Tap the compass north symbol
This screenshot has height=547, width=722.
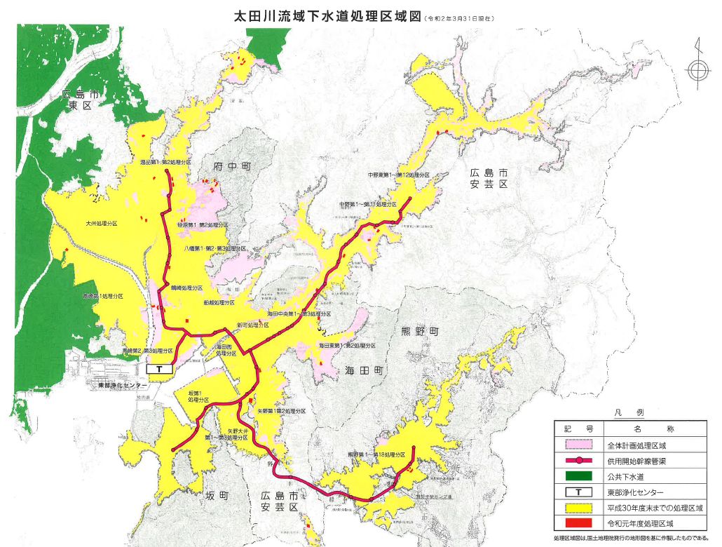coord(696,69)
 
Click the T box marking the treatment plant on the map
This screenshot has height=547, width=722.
coord(161,368)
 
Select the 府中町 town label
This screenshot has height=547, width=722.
coord(231,166)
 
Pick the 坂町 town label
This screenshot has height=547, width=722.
coord(217,496)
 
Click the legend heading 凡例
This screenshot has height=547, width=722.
coord(634,414)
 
